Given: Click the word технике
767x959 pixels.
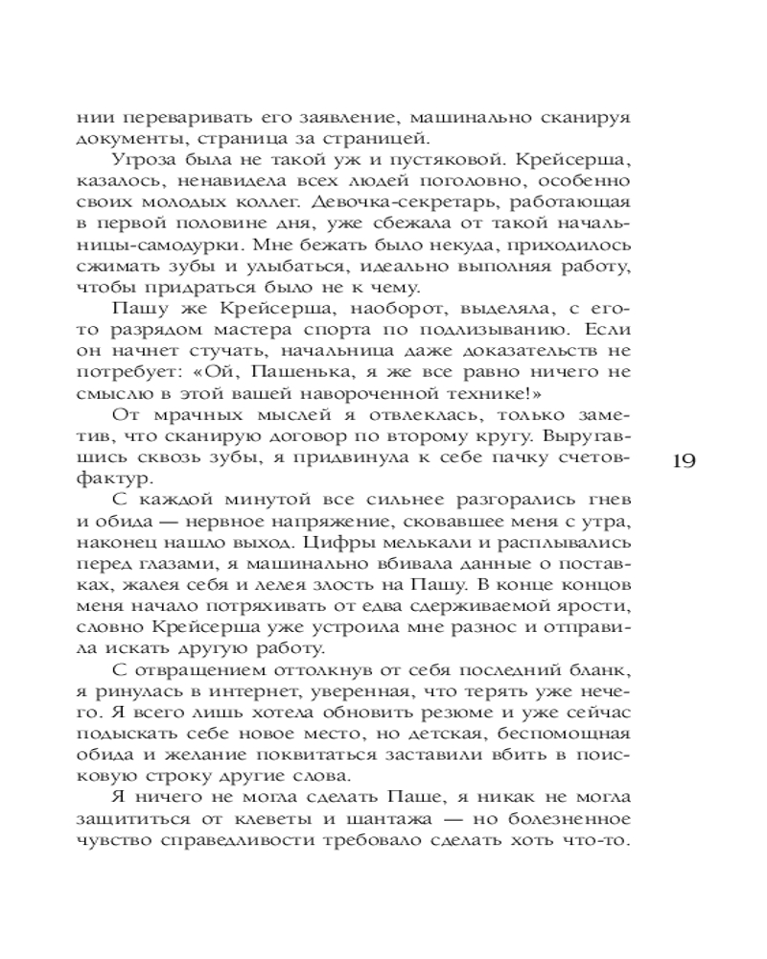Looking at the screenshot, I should (x=447, y=391).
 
